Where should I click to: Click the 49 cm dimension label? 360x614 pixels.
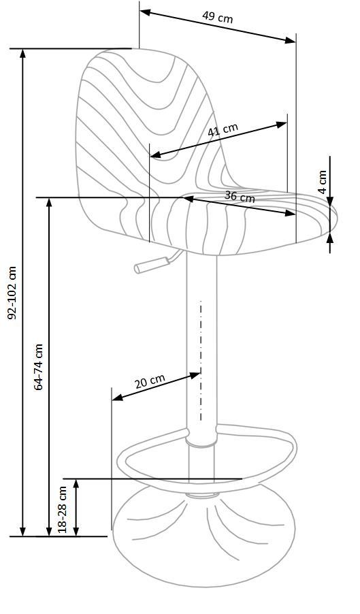[x=217, y=17]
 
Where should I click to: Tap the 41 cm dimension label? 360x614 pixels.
[x=223, y=129]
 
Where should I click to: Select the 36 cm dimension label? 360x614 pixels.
[x=240, y=197]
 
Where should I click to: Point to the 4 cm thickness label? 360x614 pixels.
[x=323, y=181]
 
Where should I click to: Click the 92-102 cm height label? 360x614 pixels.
[x=12, y=293]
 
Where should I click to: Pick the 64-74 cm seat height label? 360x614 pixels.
[x=38, y=367]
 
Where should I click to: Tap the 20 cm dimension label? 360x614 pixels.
[x=150, y=381]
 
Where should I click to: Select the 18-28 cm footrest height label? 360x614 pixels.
[x=63, y=509]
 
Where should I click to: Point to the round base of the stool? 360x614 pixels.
[x=203, y=536]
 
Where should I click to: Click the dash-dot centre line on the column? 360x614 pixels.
[x=201, y=361]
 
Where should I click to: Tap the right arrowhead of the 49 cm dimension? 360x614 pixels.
[x=290, y=40]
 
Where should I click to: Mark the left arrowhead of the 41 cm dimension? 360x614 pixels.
[x=156, y=155]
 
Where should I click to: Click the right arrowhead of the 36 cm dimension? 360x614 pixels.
[x=290, y=213]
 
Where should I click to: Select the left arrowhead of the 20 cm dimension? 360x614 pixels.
[x=118, y=398]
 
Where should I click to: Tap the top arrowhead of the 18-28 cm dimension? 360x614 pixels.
[x=76, y=485]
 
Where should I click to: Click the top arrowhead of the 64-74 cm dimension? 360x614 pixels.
[x=49, y=204]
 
